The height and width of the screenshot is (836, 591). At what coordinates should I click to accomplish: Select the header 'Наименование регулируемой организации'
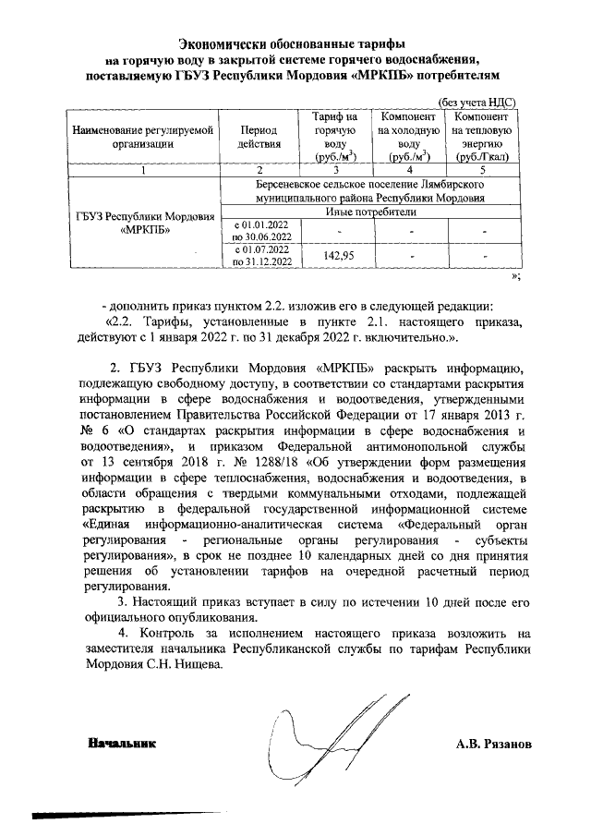click(142, 138)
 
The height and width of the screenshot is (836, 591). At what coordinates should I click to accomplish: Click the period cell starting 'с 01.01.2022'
click(261, 230)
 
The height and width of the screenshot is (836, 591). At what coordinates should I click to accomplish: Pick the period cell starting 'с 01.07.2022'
click(261, 256)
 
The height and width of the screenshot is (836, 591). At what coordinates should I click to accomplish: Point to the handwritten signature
click(305, 739)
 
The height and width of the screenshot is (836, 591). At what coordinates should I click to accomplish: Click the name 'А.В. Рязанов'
click(494, 743)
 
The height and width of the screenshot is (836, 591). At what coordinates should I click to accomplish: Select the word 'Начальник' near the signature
click(122, 743)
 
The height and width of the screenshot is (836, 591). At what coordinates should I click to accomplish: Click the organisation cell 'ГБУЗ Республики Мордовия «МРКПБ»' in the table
click(142, 224)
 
